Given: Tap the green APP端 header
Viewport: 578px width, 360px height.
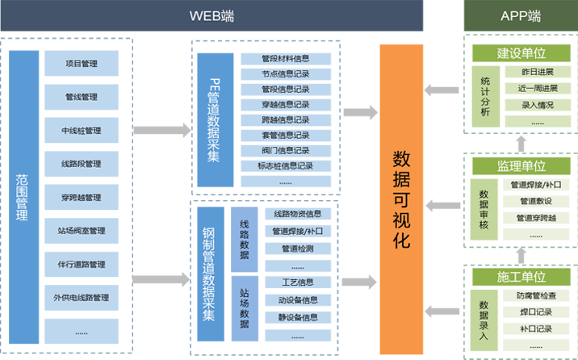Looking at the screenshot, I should click(520, 15).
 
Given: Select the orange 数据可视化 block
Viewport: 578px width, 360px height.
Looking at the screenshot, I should click(401, 197).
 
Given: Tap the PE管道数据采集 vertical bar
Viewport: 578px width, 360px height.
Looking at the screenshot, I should click(214, 121).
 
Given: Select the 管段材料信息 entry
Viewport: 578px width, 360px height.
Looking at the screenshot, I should click(286, 58).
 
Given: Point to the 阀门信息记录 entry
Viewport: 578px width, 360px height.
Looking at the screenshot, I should click(286, 150).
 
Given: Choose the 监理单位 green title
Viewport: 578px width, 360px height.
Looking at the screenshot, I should click(521, 166).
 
